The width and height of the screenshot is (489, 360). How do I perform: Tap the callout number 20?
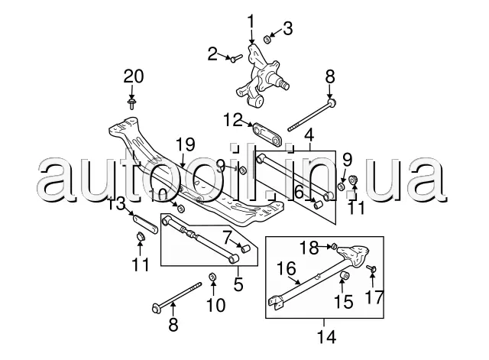[x=134, y=76]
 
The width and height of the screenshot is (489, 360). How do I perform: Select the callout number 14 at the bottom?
[x=327, y=337]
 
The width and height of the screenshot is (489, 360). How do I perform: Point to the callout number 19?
[x=186, y=144]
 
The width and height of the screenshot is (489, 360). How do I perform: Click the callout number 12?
[x=232, y=120]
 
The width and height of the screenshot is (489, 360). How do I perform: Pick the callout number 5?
[x=238, y=284]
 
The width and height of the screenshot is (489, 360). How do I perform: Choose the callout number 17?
[x=374, y=297]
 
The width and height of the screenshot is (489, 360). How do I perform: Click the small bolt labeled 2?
[x=237, y=58]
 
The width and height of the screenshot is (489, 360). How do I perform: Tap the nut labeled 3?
[x=267, y=39]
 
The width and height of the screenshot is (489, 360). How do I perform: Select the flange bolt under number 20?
[x=132, y=104]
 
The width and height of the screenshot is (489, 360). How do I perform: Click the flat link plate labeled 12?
[x=267, y=135]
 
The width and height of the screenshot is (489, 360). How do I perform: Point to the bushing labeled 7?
[x=246, y=248]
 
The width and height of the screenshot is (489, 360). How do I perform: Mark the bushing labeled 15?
[x=345, y=276]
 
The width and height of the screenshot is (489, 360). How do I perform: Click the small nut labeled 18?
[x=333, y=246]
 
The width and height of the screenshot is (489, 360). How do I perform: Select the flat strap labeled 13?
[x=146, y=224]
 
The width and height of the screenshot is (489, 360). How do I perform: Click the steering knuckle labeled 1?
[x=261, y=76]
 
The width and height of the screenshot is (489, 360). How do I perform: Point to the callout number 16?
[x=287, y=269]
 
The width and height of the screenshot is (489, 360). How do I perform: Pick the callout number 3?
[x=287, y=28]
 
